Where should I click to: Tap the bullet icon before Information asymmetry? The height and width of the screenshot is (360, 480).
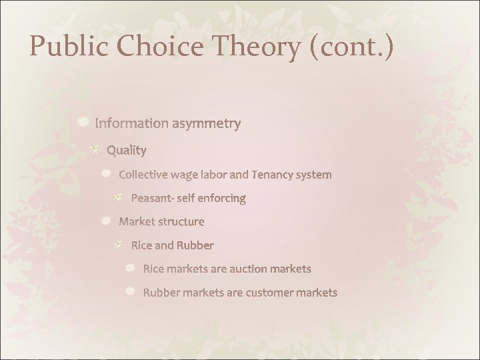(x=83, y=122)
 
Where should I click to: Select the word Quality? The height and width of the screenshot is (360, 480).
(x=126, y=150)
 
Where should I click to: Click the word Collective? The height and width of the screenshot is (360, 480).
(x=143, y=175)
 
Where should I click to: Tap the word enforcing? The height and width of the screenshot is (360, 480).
(x=222, y=198)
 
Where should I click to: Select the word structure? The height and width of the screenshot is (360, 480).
(x=181, y=221)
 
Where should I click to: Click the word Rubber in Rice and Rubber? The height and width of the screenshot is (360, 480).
(x=195, y=245)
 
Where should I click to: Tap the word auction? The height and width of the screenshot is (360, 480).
(x=249, y=269)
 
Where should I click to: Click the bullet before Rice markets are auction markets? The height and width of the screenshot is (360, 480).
(x=131, y=268)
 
